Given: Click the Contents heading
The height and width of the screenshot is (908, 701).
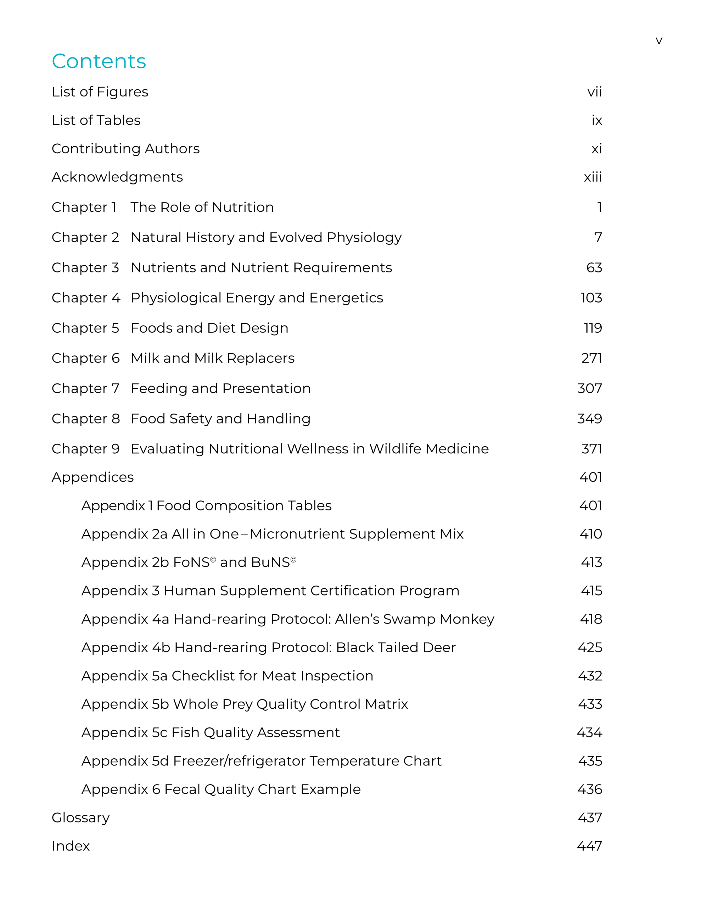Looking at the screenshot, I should click(99, 61).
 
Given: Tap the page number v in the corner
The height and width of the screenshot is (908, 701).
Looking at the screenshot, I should click(658, 41).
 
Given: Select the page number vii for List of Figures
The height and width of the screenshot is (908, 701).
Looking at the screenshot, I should click(594, 92).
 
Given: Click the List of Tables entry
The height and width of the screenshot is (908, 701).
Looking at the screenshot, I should click(96, 120).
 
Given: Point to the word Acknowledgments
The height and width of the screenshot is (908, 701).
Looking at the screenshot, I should click(117, 177).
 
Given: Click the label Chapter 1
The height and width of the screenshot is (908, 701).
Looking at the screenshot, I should click(84, 207).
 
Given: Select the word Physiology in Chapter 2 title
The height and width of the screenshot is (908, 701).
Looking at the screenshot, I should click(364, 237).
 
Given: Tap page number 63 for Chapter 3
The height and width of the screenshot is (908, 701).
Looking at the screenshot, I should click(594, 268).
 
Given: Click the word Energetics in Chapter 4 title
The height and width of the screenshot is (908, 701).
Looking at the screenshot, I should click(346, 298).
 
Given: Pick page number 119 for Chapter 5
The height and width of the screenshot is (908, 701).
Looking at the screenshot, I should click(593, 328).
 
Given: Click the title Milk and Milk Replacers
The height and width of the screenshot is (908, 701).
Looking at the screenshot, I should click(212, 358).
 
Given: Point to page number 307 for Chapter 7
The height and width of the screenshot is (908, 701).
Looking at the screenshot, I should click(589, 388).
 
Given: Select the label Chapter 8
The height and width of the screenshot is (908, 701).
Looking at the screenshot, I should click(86, 419).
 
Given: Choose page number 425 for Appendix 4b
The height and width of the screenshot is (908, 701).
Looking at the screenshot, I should click(590, 647).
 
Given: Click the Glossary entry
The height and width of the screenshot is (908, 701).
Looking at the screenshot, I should click(80, 818).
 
